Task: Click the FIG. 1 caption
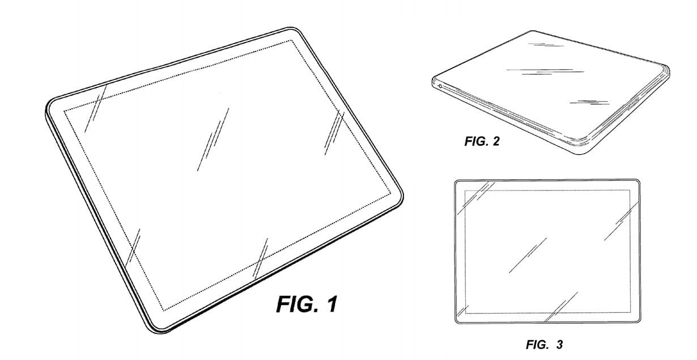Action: click(307, 304)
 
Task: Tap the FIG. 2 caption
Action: click(482, 142)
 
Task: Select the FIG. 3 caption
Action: click(544, 344)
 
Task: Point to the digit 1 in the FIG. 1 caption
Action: click(331, 304)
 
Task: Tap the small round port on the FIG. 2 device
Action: click(440, 86)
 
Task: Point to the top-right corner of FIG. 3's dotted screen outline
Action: click(630, 191)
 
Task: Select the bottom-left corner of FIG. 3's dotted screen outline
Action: click(465, 312)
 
